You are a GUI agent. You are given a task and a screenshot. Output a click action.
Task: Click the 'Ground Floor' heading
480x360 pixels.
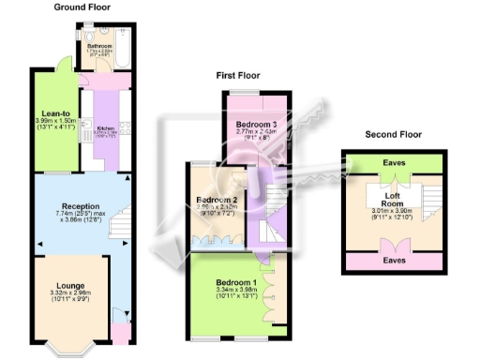click(82, 7)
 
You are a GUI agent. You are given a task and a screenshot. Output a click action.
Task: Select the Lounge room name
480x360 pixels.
click(70, 284)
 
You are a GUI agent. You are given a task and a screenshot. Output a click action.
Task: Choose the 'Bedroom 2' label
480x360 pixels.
click(216, 199)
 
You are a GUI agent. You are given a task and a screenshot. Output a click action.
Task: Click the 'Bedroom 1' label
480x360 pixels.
click(235, 282)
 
